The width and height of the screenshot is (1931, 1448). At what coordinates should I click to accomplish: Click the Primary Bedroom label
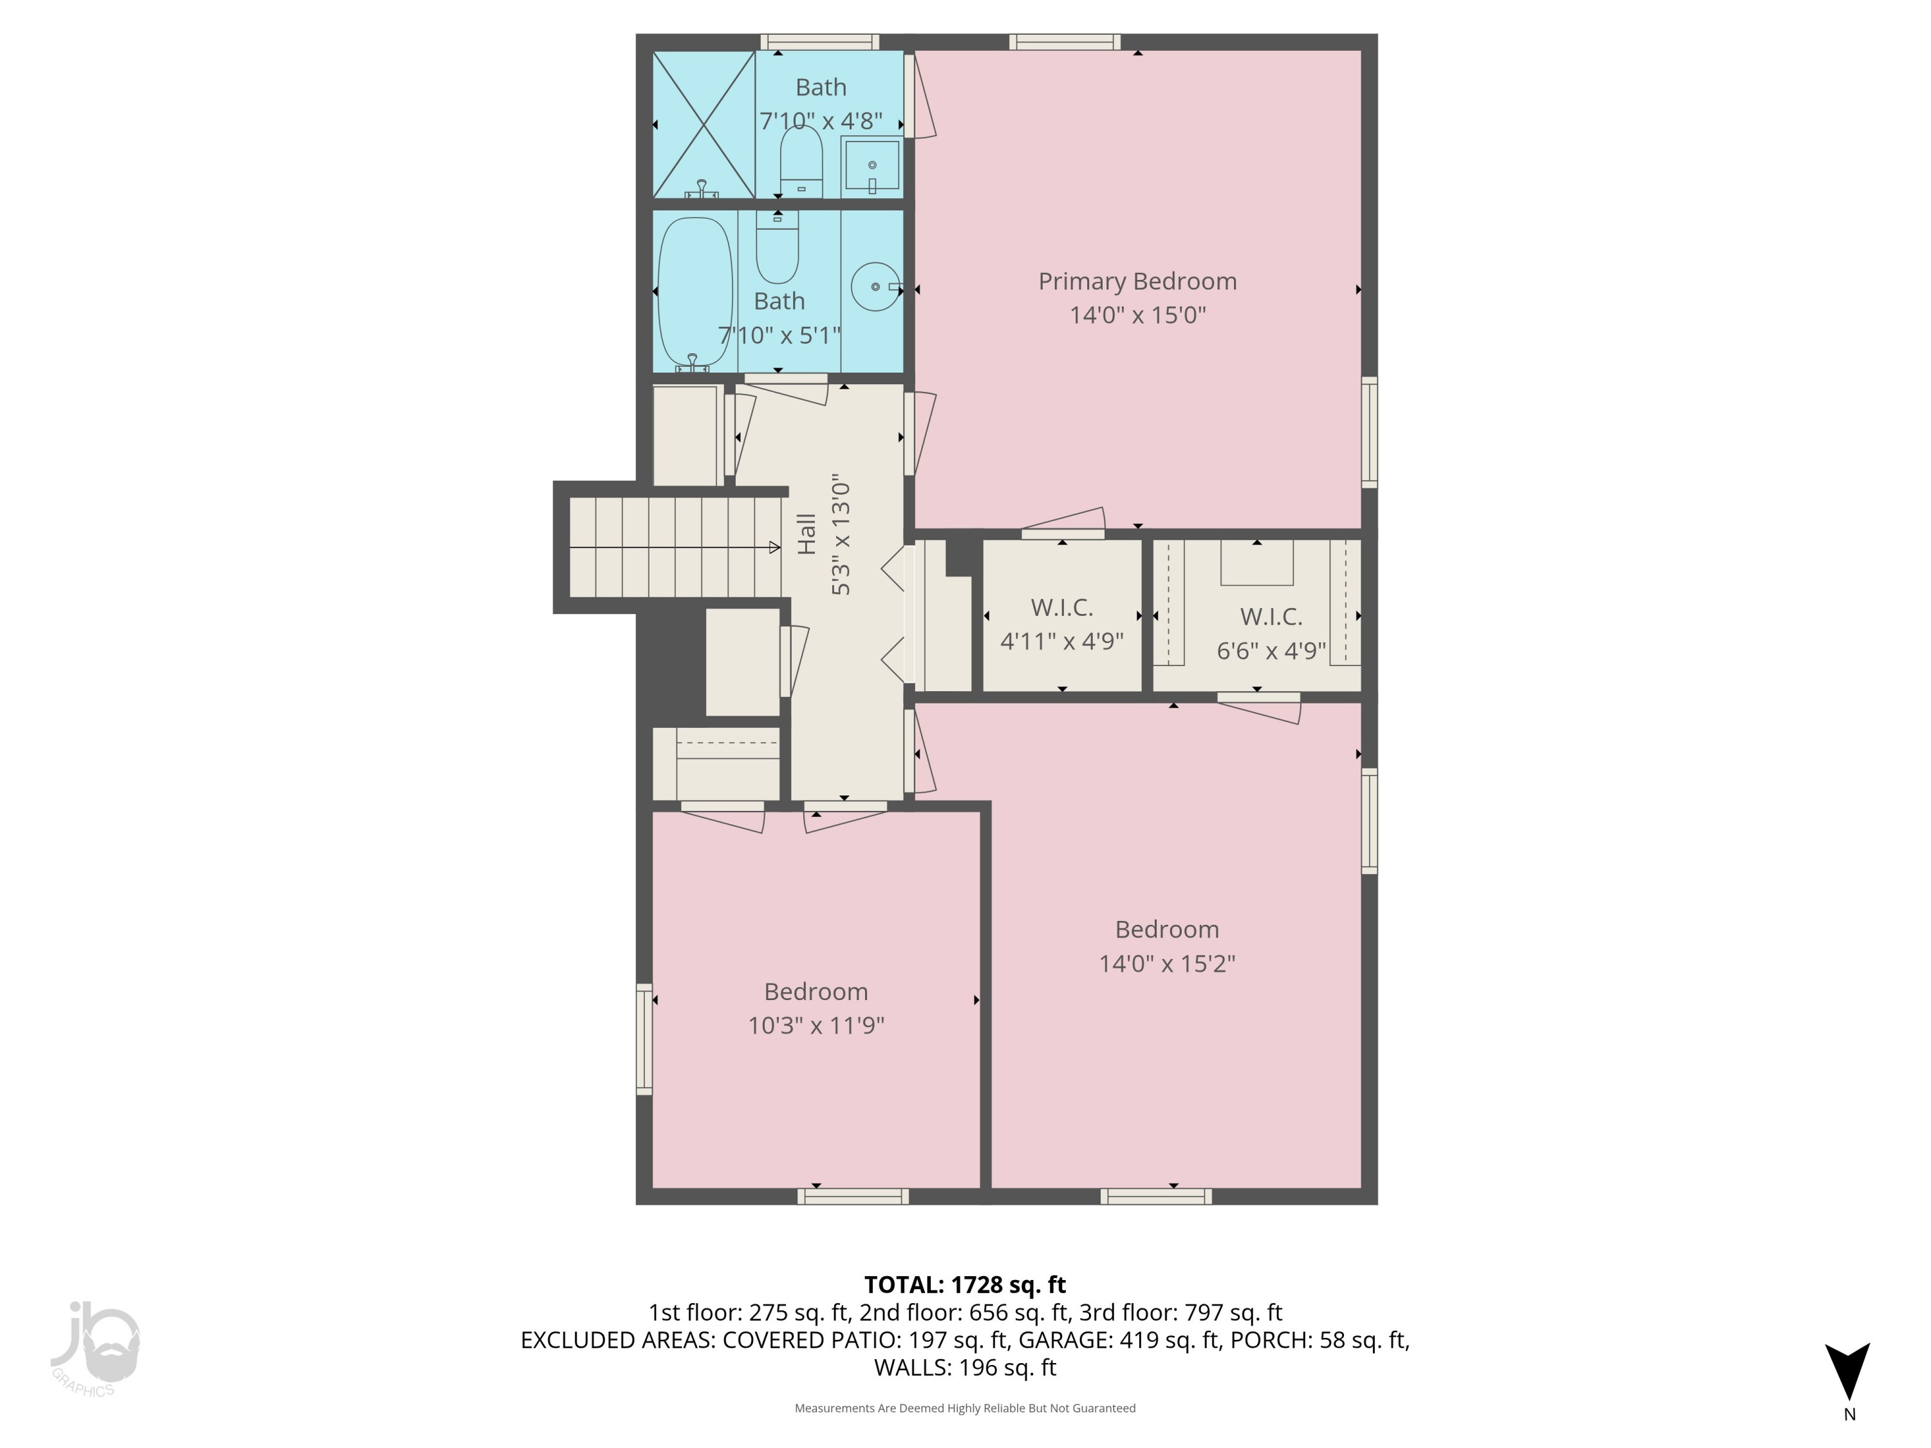[1137, 281]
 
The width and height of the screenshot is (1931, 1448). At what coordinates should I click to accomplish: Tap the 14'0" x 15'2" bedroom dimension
[1166, 963]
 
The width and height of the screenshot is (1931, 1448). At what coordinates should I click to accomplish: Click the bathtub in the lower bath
[695, 292]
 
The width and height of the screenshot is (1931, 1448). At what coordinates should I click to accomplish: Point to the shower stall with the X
[704, 125]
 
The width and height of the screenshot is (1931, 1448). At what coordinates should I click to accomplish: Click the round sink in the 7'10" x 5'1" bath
[875, 286]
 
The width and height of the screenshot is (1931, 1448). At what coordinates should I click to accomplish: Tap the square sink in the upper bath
[872, 166]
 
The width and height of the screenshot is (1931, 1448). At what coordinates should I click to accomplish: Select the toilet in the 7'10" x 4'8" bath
[801, 162]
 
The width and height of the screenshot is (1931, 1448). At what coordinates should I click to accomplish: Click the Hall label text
[807, 534]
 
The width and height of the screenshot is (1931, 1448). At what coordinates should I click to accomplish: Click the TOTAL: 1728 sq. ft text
[965, 1285]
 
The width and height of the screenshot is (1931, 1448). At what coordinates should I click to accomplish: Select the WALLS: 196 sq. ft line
[965, 1368]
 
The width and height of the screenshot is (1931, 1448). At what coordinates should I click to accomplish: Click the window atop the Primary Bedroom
[1064, 42]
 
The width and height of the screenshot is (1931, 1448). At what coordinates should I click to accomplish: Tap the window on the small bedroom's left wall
[644, 1039]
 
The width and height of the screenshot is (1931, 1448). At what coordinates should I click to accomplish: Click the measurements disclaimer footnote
[965, 1408]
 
